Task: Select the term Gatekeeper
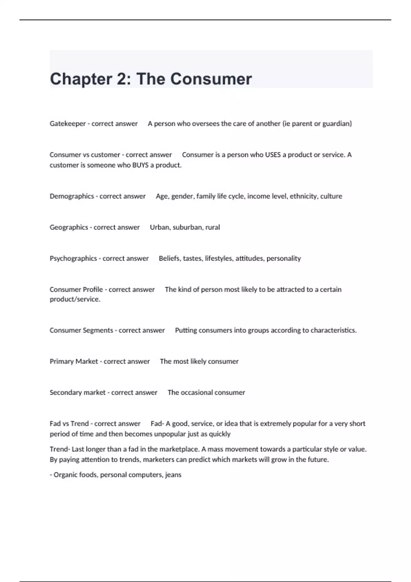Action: point(67,124)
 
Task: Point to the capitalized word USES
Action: point(273,155)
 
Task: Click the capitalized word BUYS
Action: point(140,165)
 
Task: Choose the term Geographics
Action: point(69,227)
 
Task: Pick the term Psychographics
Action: point(73,258)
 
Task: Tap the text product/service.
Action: point(75,299)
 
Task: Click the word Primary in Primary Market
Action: point(61,362)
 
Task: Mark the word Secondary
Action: point(65,393)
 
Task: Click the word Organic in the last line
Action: point(65,475)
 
